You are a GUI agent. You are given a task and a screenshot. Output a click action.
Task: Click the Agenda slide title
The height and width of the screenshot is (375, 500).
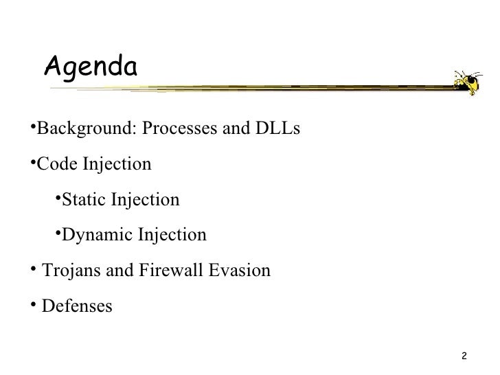[x=91, y=67]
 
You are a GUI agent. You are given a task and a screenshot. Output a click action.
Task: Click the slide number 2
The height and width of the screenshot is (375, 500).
[x=465, y=356]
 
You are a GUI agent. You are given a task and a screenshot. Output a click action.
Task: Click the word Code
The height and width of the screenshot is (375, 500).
[x=57, y=165]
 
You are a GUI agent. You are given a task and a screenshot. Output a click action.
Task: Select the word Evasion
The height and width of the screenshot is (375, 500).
[x=239, y=271]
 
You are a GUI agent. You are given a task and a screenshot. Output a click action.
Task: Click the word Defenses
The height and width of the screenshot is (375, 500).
[x=76, y=306]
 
